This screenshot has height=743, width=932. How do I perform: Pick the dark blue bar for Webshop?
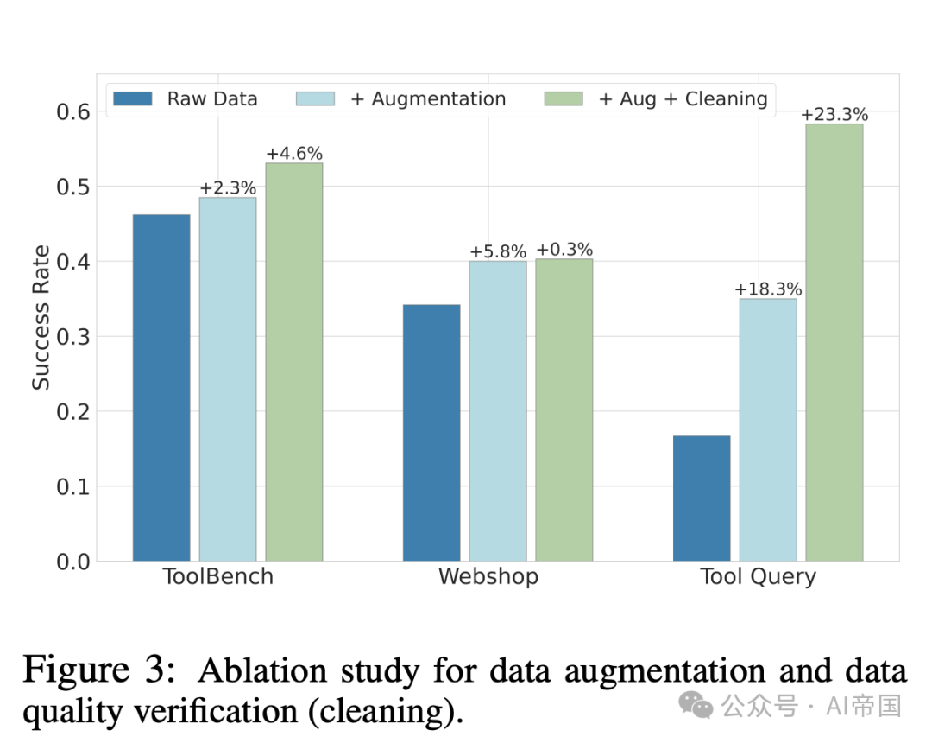pos(431,432)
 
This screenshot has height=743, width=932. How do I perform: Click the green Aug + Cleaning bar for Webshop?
pos(564,410)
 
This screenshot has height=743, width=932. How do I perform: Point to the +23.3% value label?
pos(834,115)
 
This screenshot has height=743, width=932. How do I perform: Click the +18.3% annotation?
pos(768,289)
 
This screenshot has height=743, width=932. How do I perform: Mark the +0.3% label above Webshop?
pos(564,250)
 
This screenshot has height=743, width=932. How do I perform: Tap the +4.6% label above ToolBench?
pos(294,154)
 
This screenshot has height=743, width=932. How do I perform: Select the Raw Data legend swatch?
pos(133,98)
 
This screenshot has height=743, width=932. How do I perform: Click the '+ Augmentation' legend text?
pos(428,98)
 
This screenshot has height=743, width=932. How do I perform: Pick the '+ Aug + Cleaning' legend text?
pos(682,98)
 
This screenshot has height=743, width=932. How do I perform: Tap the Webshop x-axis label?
pos(488,576)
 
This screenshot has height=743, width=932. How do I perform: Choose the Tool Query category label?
pos(758,576)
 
